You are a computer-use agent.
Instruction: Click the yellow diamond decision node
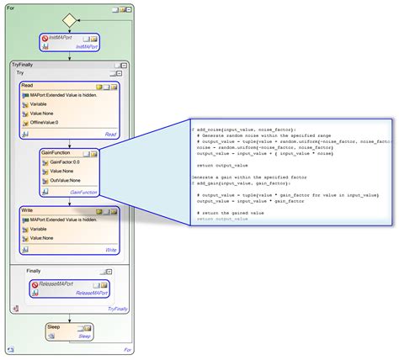(x=69, y=19)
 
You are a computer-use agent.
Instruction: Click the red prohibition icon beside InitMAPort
(x=43, y=39)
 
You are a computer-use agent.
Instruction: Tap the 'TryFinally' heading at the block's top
(x=23, y=64)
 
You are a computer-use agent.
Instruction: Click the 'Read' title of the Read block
(x=27, y=86)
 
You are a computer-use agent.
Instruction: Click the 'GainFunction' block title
(x=54, y=152)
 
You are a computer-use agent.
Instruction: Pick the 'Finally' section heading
(x=34, y=271)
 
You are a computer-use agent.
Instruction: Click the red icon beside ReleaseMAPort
(x=34, y=285)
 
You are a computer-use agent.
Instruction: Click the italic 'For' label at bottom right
(x=127, y=349)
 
